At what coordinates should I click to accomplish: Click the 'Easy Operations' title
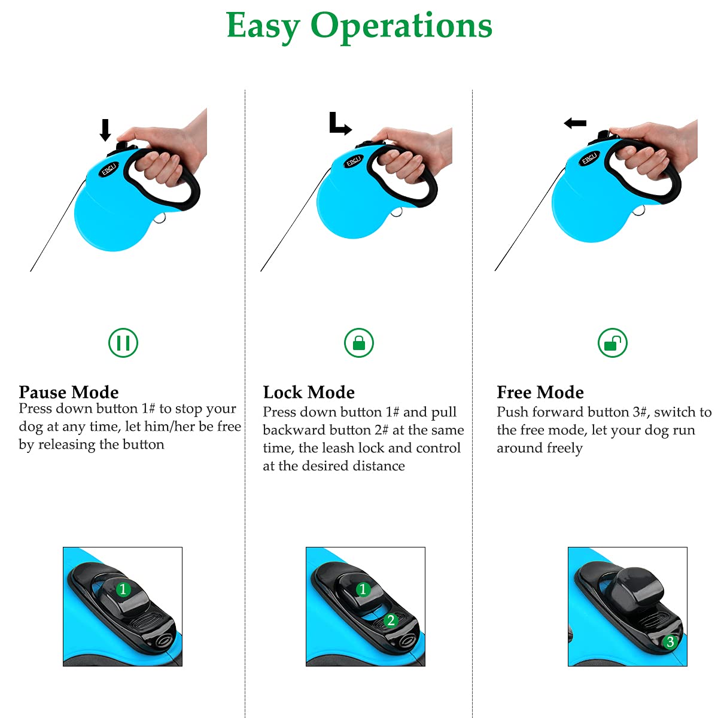tap(359, 26)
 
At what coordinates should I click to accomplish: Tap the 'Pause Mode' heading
tap(69, 393)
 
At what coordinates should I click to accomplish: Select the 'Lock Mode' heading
tap(309, 393)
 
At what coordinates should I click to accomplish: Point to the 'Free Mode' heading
tap(540, 393)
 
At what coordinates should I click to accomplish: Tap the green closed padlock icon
tap(359, 343)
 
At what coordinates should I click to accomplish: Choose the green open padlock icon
tap(613, 343)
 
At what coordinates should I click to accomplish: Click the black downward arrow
tap(105, 130)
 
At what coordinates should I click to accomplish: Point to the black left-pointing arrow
tap(575, 123)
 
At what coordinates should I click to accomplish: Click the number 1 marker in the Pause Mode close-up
tap(123, 589)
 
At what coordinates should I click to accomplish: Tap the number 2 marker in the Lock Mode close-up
tap(391, 620)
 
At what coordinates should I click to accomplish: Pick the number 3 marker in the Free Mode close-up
tap(670, 641)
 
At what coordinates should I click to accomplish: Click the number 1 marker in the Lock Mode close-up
tap(363, 589)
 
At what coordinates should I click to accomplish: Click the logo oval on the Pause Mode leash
tap(108, 169)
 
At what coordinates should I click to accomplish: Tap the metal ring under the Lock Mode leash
tap(397, 212)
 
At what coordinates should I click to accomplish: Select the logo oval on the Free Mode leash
tap(589, 159)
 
